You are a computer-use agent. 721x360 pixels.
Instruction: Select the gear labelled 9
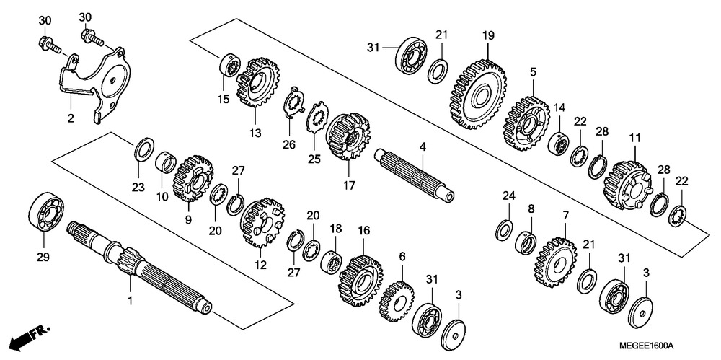point(193,176)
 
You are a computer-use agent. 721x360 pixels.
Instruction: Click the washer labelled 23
point(143,151)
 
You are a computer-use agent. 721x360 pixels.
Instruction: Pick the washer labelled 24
point(505,229)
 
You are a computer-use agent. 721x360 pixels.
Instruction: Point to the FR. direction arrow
point(32,335)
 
